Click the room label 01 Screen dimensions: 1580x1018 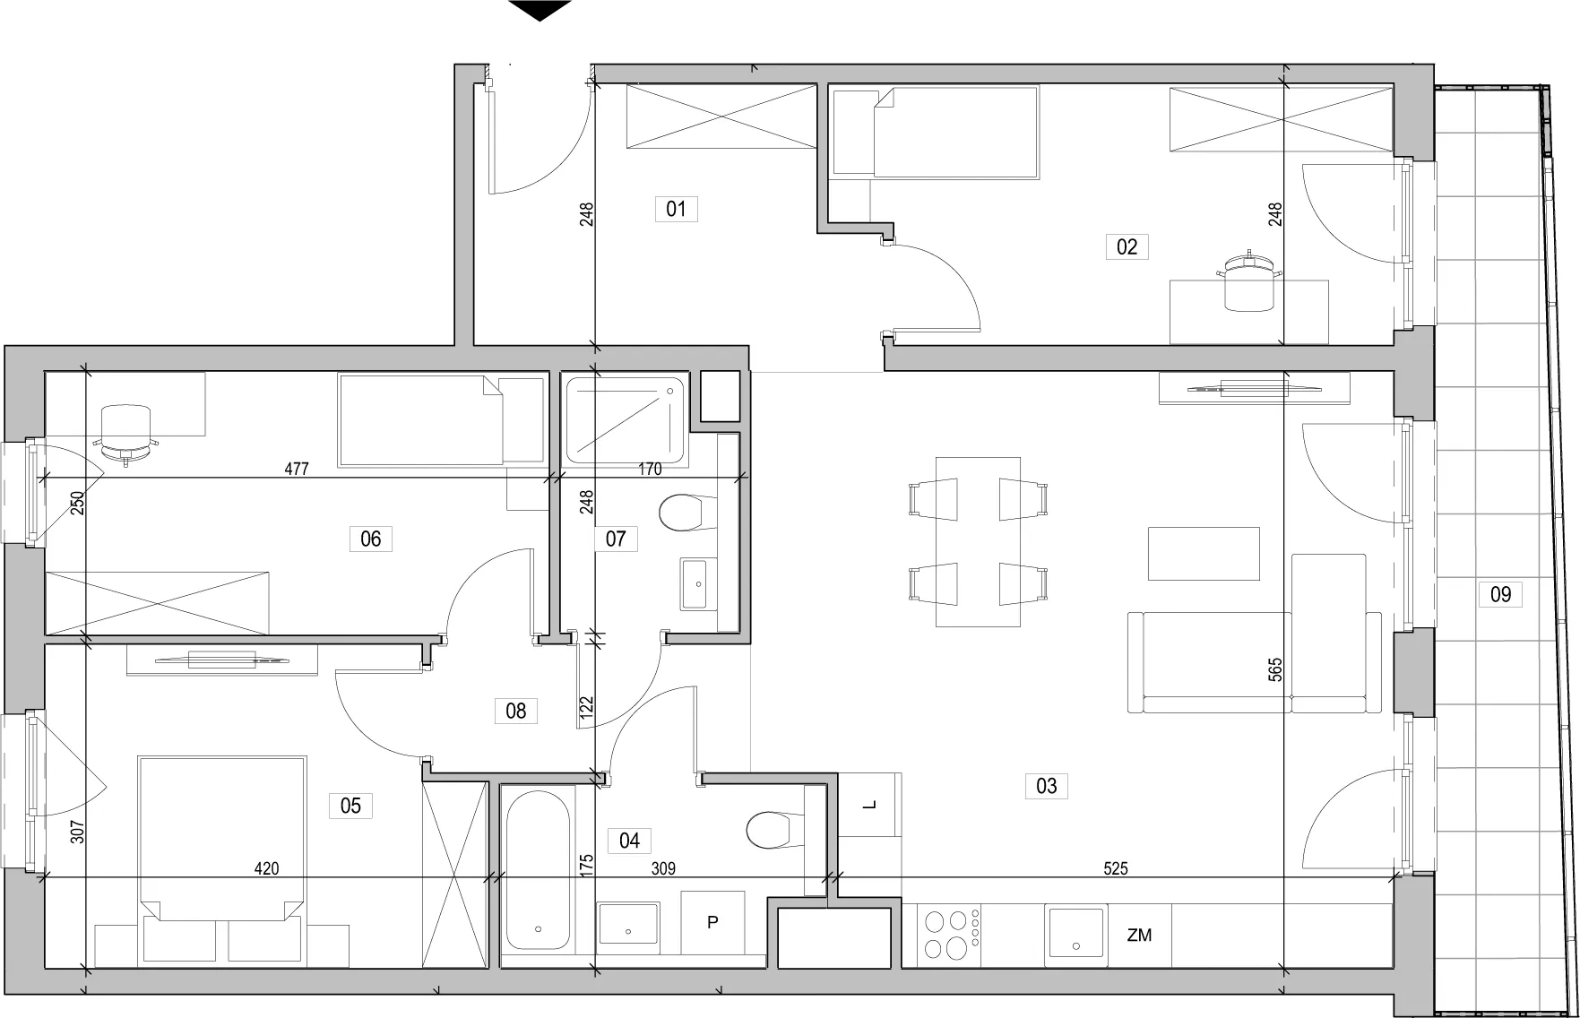click(x=676, y=210)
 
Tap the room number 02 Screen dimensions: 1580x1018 click(x=1127, y=247)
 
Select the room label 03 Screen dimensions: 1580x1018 click(x=1046, y=787)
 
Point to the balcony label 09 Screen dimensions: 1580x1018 click(x=1500, y=594)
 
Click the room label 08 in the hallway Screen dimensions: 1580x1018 click(x=515, y=712)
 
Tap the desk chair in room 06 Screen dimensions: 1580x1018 click(x=125, y=433)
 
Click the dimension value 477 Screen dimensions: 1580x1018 click(x=296, y=469)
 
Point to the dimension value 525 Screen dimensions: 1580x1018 click(x=1116, y=868)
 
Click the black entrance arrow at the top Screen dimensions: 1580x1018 click(x=539, y=9)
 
